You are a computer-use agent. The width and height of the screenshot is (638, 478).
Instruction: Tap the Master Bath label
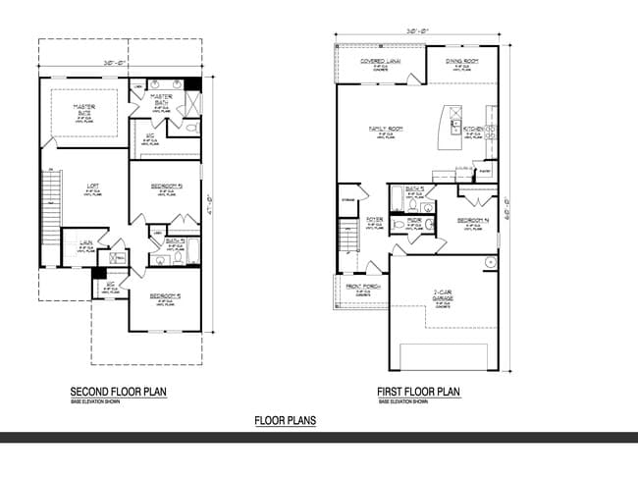(161, 98)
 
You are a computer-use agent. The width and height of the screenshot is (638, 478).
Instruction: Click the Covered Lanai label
(379, 61)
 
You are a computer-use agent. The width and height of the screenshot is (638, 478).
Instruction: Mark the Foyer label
(374, 221)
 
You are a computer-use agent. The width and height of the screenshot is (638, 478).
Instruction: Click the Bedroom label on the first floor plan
(472, 221)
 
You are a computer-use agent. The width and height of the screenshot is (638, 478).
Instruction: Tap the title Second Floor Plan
(119, 392)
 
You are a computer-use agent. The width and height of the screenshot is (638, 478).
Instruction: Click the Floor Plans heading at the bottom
(285, 421)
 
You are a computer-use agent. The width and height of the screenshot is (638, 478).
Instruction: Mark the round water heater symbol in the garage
(488, 261)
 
